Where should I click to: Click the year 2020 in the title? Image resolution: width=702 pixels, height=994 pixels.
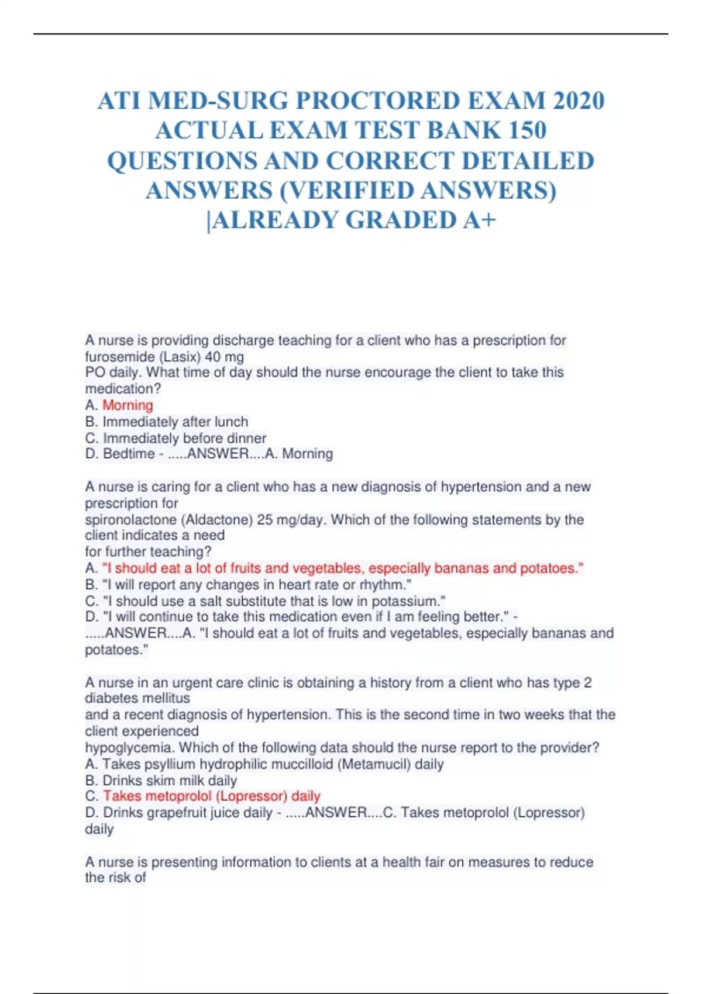click(x=579, y=101)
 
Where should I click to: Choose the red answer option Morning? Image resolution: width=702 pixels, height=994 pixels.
click(x=128, y=405)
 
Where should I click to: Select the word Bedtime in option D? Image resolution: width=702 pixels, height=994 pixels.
click(x=129, y=454)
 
